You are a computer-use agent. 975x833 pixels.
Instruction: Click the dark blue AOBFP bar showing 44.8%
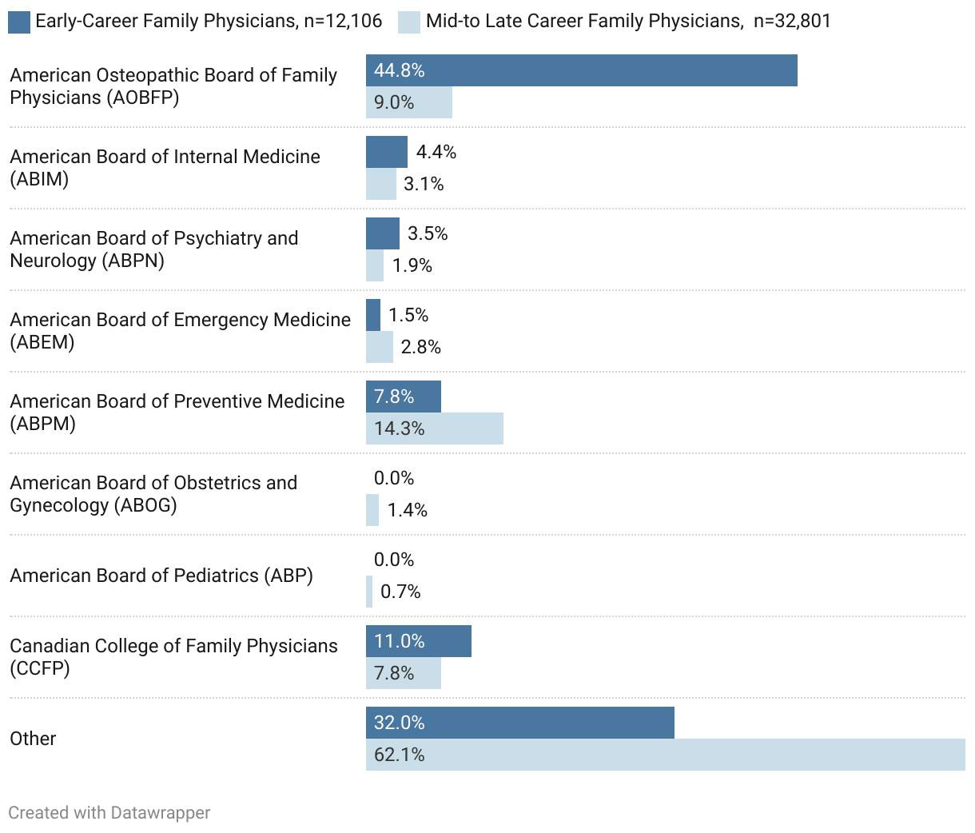pyautogui.click(x=581, y=70)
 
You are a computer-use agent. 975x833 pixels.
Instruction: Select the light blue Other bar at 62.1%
pyautogui.click(x=665, y=755)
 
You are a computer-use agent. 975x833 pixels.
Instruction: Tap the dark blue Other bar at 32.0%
pyautogui.click(x=519, y=723)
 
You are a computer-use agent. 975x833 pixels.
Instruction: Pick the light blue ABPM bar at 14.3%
pyautogui.click(x=434, y=428)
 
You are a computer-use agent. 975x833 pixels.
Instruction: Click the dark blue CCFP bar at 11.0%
pyautogui.click(x=418, y=641)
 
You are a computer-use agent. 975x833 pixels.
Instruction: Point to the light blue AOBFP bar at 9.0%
pyautogui.click(x=408, y=102)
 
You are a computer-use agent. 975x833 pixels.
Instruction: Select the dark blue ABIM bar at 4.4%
pyautogui.click(x=386, y=152)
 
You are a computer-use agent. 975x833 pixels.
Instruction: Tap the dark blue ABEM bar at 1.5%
pyautogui.click(x=373, y=315)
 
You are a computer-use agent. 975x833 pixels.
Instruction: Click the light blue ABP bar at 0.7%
pyautogui.click(x=369, y=592)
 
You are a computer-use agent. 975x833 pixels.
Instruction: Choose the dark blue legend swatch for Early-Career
pyautogui.click(x=19, y=22)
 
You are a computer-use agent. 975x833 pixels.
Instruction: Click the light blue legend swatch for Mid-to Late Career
pyautogui.click(x=408, y=22)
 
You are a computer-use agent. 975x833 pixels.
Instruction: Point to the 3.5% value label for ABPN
pyautogui.click(x=428, y=233)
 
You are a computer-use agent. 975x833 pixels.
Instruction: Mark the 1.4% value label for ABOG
pyautogui.click(x=408, y=510)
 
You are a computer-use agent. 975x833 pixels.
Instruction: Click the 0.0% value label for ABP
pyautogui.click(x=394, y=560)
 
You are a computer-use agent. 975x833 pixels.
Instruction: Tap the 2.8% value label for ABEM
pyautogui.click(x=421, y=347)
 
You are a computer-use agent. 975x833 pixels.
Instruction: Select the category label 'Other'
pyautogui.click(x=33, y=739)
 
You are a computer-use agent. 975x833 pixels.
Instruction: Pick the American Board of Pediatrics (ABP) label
pyautogui.click(x=161, y=576)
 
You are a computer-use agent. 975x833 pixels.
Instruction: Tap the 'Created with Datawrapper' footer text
pyautogui.click(x=109, y=813)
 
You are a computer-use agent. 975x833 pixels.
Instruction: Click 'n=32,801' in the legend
pyautogui.click(x=792, y=21)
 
